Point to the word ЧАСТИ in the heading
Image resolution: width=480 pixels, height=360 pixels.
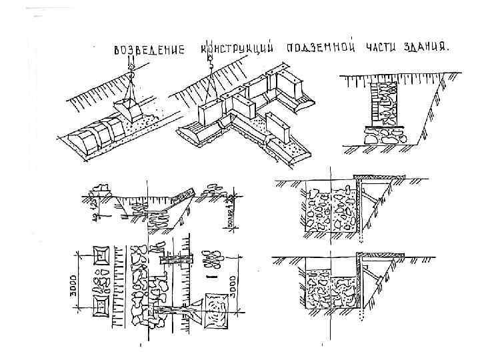pyautogui.click(x=381, y=48)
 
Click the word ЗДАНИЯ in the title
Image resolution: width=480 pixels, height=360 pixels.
pyautogui.click(x=426, y=48)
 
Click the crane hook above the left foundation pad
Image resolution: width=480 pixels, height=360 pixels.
pyautogui.click(x=132, y=66)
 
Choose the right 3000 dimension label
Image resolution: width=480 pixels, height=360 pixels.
pyautogui.click(x=233, y=285)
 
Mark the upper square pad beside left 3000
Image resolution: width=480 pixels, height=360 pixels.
pyautogui.click(x=101, y=257)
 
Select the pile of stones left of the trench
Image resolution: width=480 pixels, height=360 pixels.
pyautogui.click(x=103, y=189)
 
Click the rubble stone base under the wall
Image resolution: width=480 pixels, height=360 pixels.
pyautogui.click(x=383, y=137)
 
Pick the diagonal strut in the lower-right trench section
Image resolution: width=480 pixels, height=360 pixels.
pyautogui.click(x=369, y=280)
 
